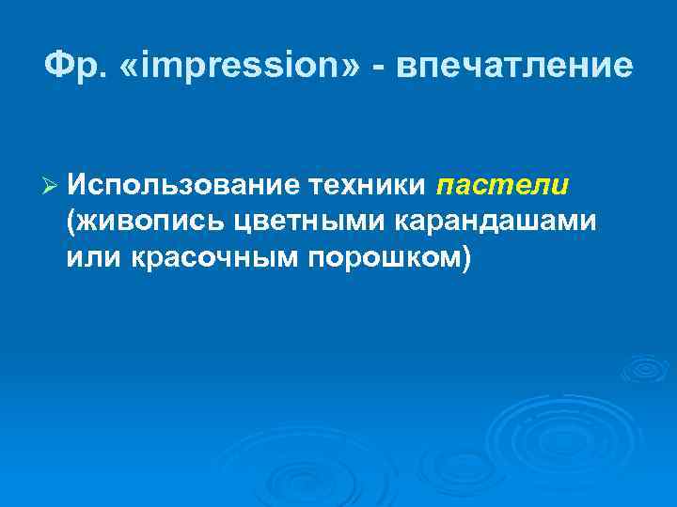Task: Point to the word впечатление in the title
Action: [513, 67]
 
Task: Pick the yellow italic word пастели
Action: [503, 186]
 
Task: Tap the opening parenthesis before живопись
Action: [71, 223]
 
